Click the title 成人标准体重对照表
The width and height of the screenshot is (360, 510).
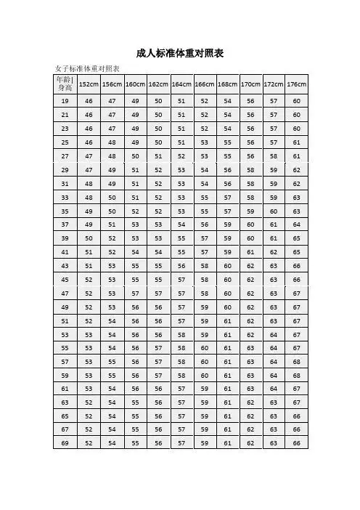[x=180, y=53]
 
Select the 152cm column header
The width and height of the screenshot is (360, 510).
[x=89, y=84]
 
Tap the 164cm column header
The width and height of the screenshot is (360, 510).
[x=181, y=84]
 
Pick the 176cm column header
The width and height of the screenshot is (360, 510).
[x=296, y=84]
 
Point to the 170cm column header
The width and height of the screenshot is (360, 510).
[x=250, y=84]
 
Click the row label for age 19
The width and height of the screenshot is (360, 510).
[x=65, y=101]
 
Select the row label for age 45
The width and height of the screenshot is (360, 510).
[x=65, y=279]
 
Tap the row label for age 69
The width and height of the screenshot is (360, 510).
[x=65, y=442]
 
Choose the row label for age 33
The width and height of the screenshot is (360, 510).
[x=65, y=197]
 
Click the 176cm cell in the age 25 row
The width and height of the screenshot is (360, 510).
[x=296, y=142]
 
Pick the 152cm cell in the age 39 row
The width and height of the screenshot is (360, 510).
[x=89, y=238]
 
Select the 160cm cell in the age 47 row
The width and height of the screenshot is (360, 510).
[x=135, y=293]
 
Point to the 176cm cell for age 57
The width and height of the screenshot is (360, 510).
[x=296, y=361]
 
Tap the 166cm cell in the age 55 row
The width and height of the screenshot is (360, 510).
[x=204, y=347]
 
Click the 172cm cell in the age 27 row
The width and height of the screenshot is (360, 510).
[x=273, y=155]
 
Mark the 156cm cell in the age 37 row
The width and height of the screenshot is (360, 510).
[x=112, y=224]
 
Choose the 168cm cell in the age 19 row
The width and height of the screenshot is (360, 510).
[x=227, y=101]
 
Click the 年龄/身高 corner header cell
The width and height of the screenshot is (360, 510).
[x=65, y=83]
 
